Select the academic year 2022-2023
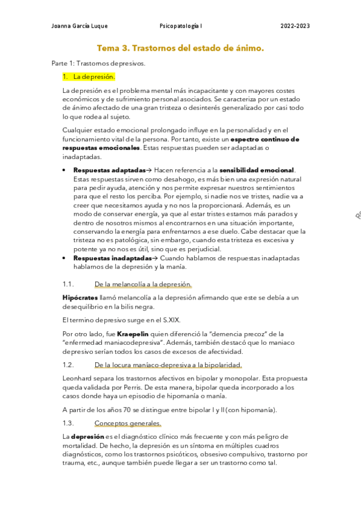[295, 27]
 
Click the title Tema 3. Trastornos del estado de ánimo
[180, 48]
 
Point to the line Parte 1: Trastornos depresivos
[98, 63]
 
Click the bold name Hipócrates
[81, 297]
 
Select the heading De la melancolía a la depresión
[143, 284]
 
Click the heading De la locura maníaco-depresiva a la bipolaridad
[168, 365]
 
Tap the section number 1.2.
[68, 365]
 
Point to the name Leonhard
[79, 378]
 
